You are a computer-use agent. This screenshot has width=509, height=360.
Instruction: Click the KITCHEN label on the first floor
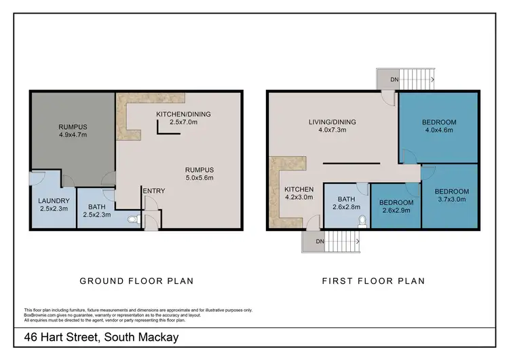pyautogui.click(x=299, y=190)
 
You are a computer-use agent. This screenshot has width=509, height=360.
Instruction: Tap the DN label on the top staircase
pyautogui.click(x=394, y=80)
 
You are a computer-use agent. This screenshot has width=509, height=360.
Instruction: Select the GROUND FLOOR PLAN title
pyautogui.click(x=136, y=281)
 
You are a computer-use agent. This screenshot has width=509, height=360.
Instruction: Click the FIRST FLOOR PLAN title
pyautogui.click(x=373, y=281)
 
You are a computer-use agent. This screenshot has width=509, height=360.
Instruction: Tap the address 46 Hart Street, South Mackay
pyautogui.click(x=102, y=338)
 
